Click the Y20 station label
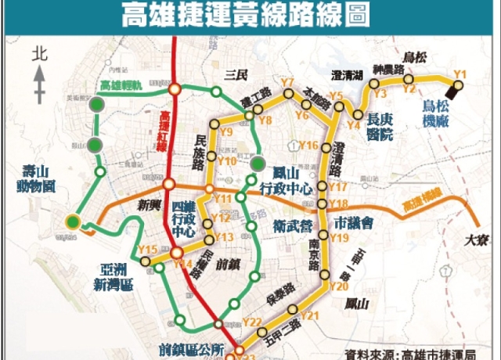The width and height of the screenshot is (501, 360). (x=338, y=286)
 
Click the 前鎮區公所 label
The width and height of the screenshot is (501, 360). (x=190, y=347)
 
